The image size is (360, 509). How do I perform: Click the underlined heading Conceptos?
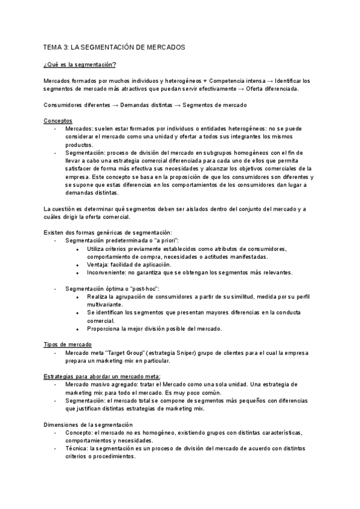click(x=58, y=121)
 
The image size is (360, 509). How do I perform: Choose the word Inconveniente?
click(x=106, y=273)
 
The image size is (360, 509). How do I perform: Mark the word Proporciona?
click(x=104, y=328)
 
